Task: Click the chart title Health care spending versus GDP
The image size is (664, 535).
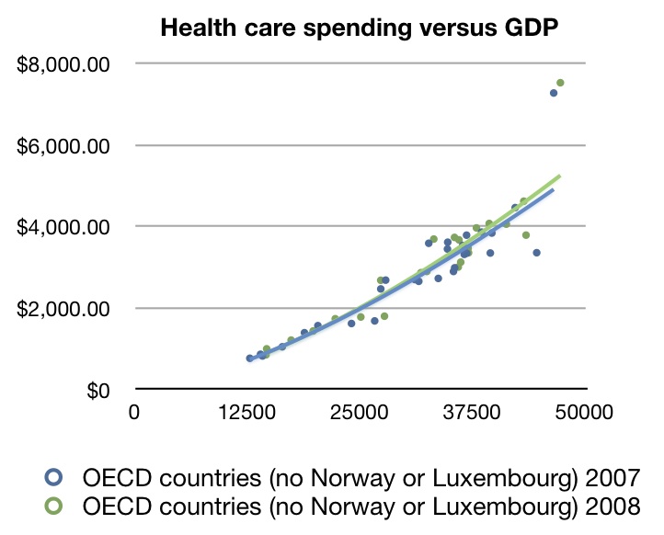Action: [360, 28]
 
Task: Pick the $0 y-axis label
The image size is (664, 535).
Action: [98, 390]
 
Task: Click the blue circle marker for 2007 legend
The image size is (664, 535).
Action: [53, 477]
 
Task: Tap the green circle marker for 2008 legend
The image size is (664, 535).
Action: [53, 506]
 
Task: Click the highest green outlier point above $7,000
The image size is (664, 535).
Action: [560, 83]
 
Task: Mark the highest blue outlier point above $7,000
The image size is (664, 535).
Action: [554, 93]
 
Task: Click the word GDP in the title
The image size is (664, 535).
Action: [530, 28]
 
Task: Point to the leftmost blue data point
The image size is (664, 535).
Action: [249, 359]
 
